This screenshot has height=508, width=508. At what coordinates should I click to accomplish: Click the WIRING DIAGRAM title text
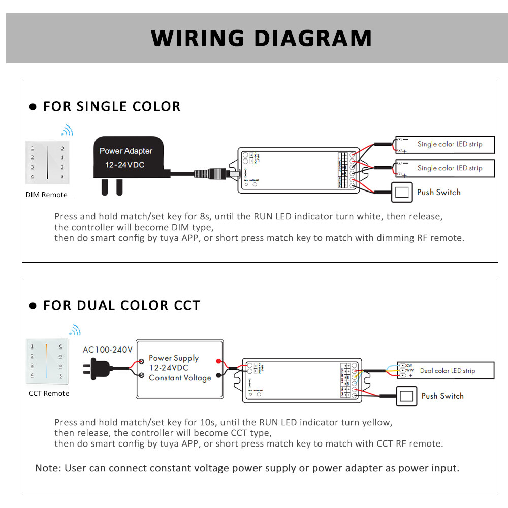261,39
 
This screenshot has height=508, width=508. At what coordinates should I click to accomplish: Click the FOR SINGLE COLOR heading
111,106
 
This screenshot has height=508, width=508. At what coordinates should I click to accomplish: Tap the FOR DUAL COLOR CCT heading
121,305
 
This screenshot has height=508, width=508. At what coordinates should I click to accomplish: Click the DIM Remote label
46,195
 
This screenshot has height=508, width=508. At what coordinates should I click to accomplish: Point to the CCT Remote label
49,393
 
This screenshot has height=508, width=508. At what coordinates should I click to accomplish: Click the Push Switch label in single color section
438,192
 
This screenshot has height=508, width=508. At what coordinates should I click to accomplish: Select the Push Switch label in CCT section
442,396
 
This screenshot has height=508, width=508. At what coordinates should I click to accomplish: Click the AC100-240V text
107,350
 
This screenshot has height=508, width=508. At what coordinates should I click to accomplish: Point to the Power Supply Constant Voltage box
179,368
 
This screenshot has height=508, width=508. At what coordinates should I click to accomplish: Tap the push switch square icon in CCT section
406,396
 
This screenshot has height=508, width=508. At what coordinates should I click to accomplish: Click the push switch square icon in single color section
402,192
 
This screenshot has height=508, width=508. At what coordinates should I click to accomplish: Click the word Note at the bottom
47,468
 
